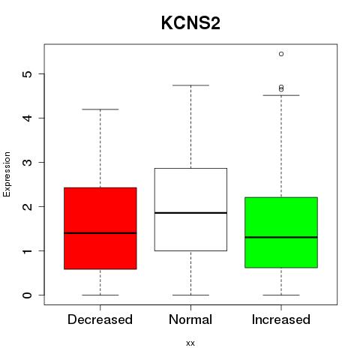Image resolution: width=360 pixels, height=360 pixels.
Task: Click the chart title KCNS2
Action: (190, 23)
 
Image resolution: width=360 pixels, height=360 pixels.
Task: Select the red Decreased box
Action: (100, 228)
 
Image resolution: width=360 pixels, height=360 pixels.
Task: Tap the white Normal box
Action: (190, 209)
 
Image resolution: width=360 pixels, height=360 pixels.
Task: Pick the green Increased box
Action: (281, 232)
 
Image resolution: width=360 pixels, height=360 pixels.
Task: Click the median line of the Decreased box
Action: (100, 233)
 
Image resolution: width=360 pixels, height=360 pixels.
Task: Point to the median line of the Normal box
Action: (190, 213)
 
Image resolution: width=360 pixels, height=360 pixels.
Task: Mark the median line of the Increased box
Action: (281, 237)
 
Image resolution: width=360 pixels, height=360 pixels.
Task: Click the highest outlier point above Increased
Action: (281, 54)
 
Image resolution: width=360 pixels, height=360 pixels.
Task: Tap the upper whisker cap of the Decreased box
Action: (100, 109)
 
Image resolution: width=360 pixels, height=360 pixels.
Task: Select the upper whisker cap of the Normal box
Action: (190, 85)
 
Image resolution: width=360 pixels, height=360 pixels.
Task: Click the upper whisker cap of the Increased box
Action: (281, 95)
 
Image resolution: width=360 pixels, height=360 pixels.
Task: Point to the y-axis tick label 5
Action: (28, 73)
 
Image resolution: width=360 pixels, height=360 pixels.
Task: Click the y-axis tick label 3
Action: (28, 162)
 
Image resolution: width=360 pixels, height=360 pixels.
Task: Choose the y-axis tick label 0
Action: (28, 295)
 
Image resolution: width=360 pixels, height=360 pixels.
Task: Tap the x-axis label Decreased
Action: (100, 319)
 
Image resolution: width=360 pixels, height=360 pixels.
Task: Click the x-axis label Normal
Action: (190, 319)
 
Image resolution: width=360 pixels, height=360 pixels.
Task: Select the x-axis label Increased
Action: (281, 319)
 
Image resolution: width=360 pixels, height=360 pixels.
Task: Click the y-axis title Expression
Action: (7, 174)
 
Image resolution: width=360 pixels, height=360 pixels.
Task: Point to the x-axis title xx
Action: (190, 343)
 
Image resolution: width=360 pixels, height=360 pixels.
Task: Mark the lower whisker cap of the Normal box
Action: (190, 295)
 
